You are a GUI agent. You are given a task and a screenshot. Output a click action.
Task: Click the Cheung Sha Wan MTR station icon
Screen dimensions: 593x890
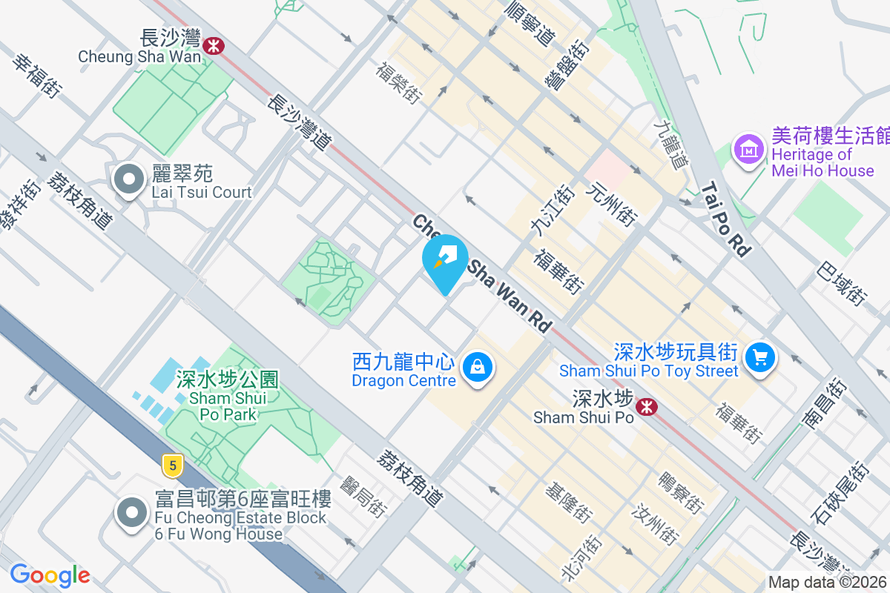coord(214,45)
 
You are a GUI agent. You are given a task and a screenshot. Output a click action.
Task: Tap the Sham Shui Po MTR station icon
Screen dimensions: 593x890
coord(645,406)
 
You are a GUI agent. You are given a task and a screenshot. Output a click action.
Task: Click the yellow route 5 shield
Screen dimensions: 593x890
coord(172,466)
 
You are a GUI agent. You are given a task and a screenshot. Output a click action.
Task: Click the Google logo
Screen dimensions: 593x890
coord(50,574)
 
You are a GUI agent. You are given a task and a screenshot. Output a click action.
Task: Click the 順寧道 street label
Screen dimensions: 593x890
coord(528,22)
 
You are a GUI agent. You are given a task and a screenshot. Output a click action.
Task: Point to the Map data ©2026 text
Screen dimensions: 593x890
coord(828,583)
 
